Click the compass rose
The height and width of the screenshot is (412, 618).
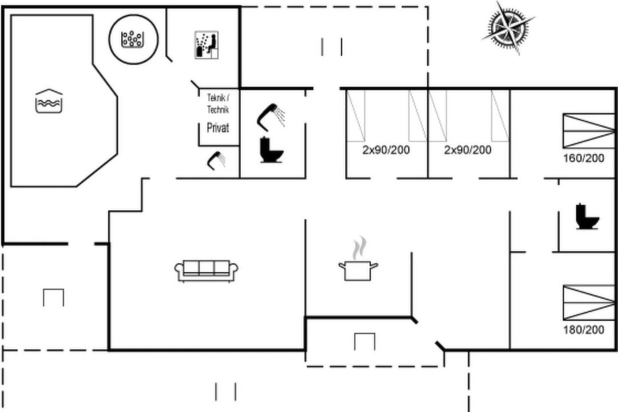coord(508,27)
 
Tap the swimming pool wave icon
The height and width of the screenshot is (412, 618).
coord(49,101)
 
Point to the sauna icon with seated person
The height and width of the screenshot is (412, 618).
coord(207,45)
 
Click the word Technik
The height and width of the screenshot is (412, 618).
coord(218,109)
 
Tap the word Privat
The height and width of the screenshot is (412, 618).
coord(218,128)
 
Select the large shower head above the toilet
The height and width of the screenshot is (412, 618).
coord(271,116)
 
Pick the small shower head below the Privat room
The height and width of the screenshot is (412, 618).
coord(216,160)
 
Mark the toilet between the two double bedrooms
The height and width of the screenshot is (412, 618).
coord(587,216)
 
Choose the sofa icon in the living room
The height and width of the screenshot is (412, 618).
coord(206,271)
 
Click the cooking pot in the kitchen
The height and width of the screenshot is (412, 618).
coord(358,271)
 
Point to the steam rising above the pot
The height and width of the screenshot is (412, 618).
coord(359,247)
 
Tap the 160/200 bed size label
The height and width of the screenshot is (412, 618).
coord(583,158)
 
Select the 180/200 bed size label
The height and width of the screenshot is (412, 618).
coord(583,330)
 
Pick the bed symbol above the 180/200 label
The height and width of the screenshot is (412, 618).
coord(589,303)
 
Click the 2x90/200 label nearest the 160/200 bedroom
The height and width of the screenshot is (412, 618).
coord(468,150)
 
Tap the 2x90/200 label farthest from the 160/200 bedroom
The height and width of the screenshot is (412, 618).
coord(386,150)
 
